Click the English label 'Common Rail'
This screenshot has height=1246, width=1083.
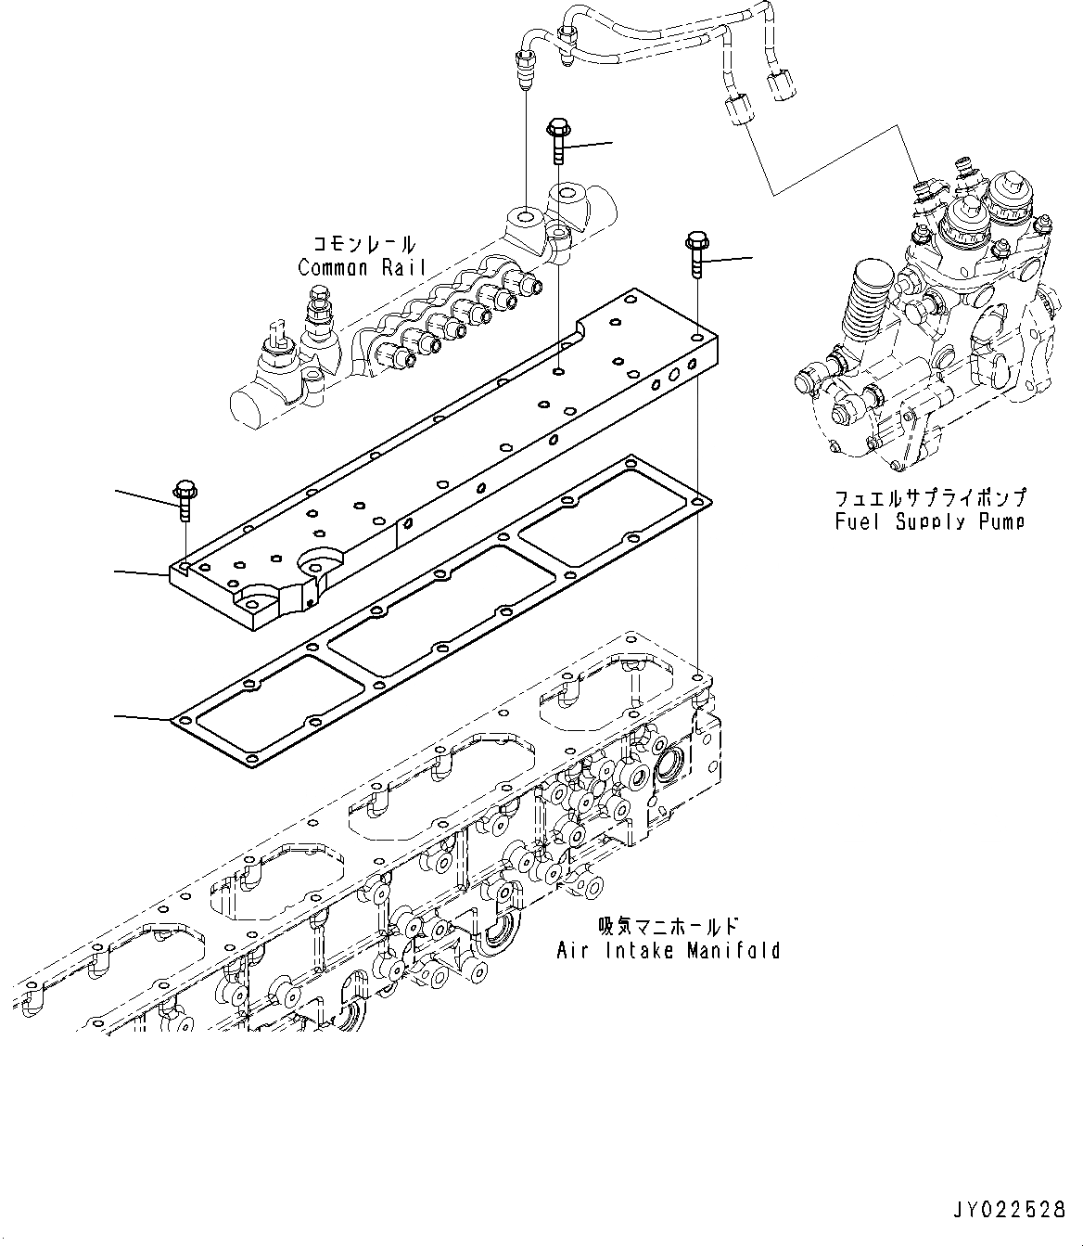[x=363, y=268]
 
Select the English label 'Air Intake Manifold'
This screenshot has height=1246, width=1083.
[x=668, y=950]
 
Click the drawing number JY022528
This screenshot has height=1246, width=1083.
[x=1010, y=1210]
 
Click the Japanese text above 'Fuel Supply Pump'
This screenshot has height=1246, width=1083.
[x=929, y=498]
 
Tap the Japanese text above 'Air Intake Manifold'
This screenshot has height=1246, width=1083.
[x=669, y=926]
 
